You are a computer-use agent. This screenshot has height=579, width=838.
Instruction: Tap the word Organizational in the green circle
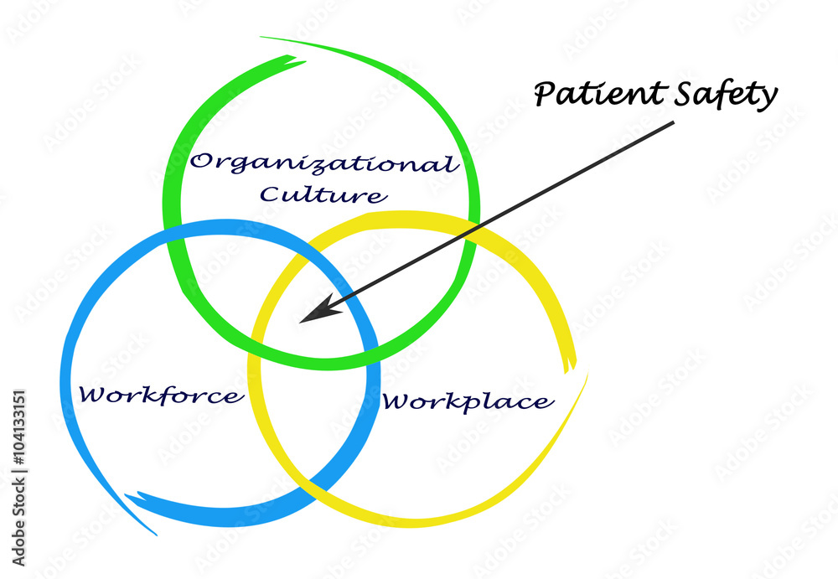[323, 163]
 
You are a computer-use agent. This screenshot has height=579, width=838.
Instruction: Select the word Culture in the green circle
[323, 195]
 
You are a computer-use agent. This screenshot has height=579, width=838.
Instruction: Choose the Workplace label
[467, 401]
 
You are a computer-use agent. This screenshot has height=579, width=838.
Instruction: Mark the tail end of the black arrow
[673, 124]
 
